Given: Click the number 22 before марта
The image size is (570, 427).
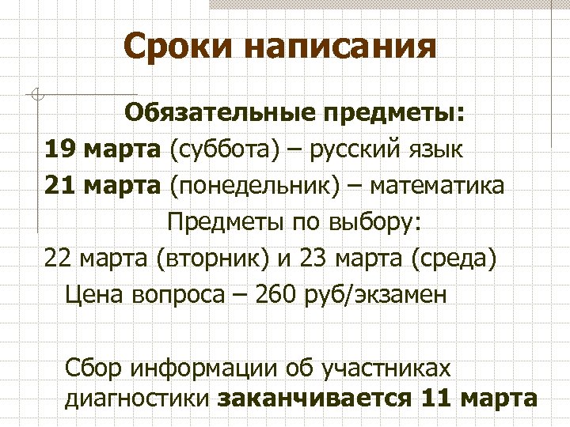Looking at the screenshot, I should point(59,259).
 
